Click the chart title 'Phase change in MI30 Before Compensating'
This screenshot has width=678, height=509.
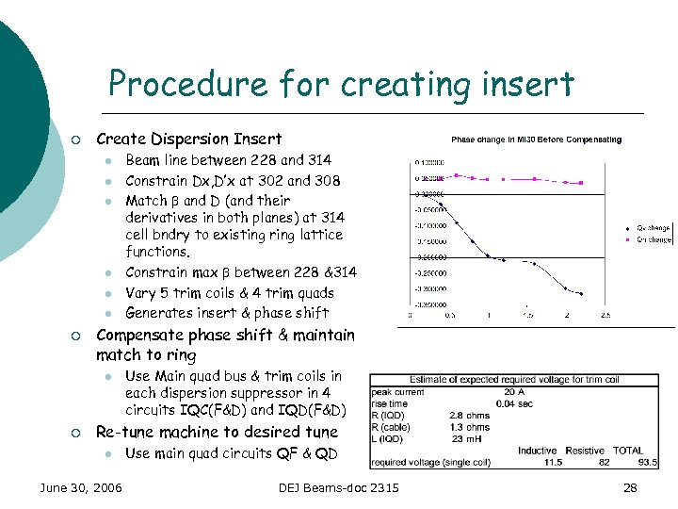536,140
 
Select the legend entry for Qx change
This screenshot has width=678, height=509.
652,228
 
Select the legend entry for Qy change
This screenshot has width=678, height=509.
652,238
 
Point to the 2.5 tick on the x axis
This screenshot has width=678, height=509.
605,315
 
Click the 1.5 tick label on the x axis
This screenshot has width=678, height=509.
528,315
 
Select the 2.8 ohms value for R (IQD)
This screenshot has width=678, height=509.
469,416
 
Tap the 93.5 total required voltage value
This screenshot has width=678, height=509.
648,463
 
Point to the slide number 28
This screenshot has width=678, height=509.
630,487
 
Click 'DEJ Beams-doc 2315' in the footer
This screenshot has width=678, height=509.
339,487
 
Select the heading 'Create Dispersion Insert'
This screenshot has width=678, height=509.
188,139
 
